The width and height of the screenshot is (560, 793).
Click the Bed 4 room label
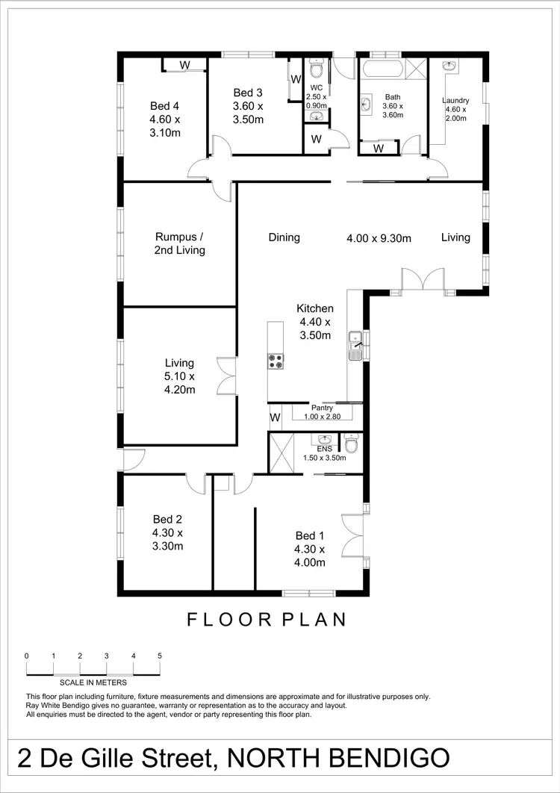point(165,105)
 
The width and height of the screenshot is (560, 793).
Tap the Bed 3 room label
point(248,93)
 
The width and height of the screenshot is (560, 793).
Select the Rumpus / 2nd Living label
point(180,243)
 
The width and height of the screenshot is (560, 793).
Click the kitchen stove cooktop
point(276,361)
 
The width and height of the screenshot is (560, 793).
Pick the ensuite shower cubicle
point(284,453)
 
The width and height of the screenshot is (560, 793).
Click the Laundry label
point(455,101)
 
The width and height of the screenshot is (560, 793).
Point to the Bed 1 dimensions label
point(311,563)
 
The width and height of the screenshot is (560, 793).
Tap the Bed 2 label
point(168,520)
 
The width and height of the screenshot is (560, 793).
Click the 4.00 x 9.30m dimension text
point(379,238)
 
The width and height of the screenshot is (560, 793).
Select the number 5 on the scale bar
point(160,656)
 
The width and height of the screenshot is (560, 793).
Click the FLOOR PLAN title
point(267,619)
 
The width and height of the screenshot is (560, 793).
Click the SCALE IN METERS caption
point(93,682)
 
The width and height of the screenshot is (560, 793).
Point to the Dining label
point(284,237)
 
